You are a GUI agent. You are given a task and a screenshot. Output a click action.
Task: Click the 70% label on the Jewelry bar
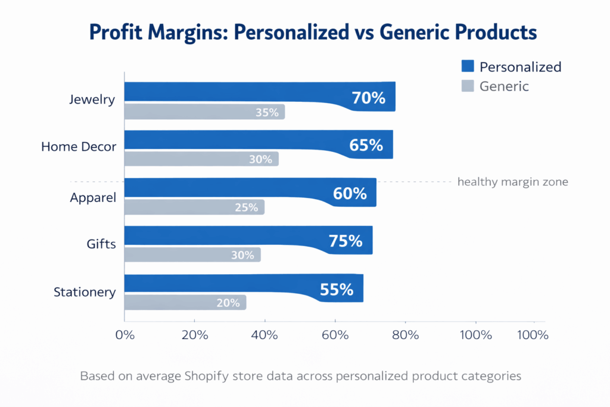point(369,98)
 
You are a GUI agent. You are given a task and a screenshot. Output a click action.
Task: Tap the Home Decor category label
point(79,146)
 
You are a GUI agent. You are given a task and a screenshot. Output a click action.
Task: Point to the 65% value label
point(366,145)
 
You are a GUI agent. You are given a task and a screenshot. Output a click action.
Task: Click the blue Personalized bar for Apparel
point(238,189)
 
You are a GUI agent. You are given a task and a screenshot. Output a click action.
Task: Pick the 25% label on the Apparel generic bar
point(246,207)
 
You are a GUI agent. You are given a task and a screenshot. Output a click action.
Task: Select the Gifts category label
point(101,244)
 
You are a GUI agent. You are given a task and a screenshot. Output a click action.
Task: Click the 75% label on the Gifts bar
point(346,241)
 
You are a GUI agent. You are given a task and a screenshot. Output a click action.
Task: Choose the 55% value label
point(337,290)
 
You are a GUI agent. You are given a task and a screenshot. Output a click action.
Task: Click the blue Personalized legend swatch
point(467,67)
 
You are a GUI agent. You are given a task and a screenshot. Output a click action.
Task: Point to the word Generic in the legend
point(504,86)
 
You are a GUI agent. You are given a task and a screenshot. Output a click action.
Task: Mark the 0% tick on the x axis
point(125,335)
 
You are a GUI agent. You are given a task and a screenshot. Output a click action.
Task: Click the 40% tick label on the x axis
point(264,335)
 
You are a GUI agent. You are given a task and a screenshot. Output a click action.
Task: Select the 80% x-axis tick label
point(405,335)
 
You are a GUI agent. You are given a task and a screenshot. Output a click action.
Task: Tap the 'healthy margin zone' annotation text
point(512,182)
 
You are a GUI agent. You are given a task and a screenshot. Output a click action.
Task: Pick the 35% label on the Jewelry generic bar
point(267,112)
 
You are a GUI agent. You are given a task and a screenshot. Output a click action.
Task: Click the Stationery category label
point(84,292)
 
